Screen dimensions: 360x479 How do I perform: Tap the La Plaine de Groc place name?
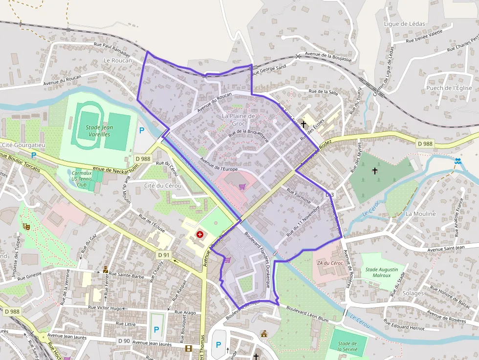pyautogui.click(x=239, y=120)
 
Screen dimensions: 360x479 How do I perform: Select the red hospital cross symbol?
pyautogui.click(x=199, y=235)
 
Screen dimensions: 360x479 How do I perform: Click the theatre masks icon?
pyautogui.click(x=25, y=226)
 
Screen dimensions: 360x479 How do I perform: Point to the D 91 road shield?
pyautogui.click(x=164, y=255)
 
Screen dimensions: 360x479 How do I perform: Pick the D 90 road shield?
pyautogui.click(x=124, y=340)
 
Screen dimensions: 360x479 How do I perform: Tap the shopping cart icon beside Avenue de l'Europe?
pyautogui.click(x=241, y=186)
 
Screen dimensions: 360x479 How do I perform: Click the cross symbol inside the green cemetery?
pyautogui.click(x=375, y=170)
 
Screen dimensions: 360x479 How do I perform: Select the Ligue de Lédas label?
pyautogui.click(x=404, y=23)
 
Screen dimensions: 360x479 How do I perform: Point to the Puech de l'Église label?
pyautogui.click(x=449, y=88)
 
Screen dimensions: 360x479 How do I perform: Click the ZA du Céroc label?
pyautogui.click(x=330, y=263)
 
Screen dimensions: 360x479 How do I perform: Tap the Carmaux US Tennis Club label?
pyautogui.click(x=82, y=179)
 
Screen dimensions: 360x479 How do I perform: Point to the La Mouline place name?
pyautogui.click(x=420, y=213)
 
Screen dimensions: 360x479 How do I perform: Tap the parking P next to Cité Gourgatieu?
pyautogui.click(x=34, y=155)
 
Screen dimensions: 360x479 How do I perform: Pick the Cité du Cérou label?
pyautogui.click(x=163, y=186)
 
